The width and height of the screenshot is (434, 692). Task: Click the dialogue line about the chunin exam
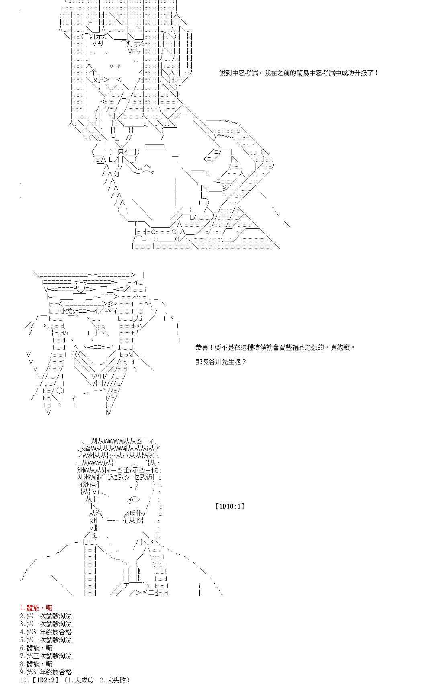[299, 73]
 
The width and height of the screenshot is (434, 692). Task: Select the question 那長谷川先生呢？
[221, 362]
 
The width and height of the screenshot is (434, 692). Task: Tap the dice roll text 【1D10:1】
[230, 506]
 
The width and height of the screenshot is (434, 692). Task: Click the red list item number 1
[36, 608]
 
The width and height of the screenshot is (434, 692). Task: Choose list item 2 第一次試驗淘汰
[46, 616]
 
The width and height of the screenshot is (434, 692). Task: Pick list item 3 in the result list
[46, 624]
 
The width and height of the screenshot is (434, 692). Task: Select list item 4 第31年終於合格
[46, 632]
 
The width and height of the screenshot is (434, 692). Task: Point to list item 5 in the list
[46, 640]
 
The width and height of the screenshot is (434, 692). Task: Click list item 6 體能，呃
[36, 648]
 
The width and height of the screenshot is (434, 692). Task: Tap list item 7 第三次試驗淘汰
[46, 656]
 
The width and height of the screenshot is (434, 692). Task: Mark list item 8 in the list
[36, 664]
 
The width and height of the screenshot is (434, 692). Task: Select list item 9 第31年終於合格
[46, 672]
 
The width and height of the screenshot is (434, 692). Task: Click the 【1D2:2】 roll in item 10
[45, 680]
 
